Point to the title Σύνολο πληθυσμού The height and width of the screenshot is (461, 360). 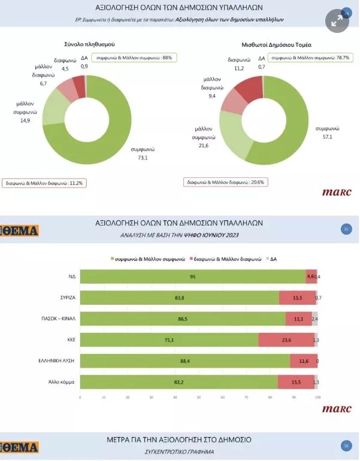89,45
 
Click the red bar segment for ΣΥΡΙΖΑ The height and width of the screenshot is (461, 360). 297,298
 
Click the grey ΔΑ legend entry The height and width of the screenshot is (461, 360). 270,259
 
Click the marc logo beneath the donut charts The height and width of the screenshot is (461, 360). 337,193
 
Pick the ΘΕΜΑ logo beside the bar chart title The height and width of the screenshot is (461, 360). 19,230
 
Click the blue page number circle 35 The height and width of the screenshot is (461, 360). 346,229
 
